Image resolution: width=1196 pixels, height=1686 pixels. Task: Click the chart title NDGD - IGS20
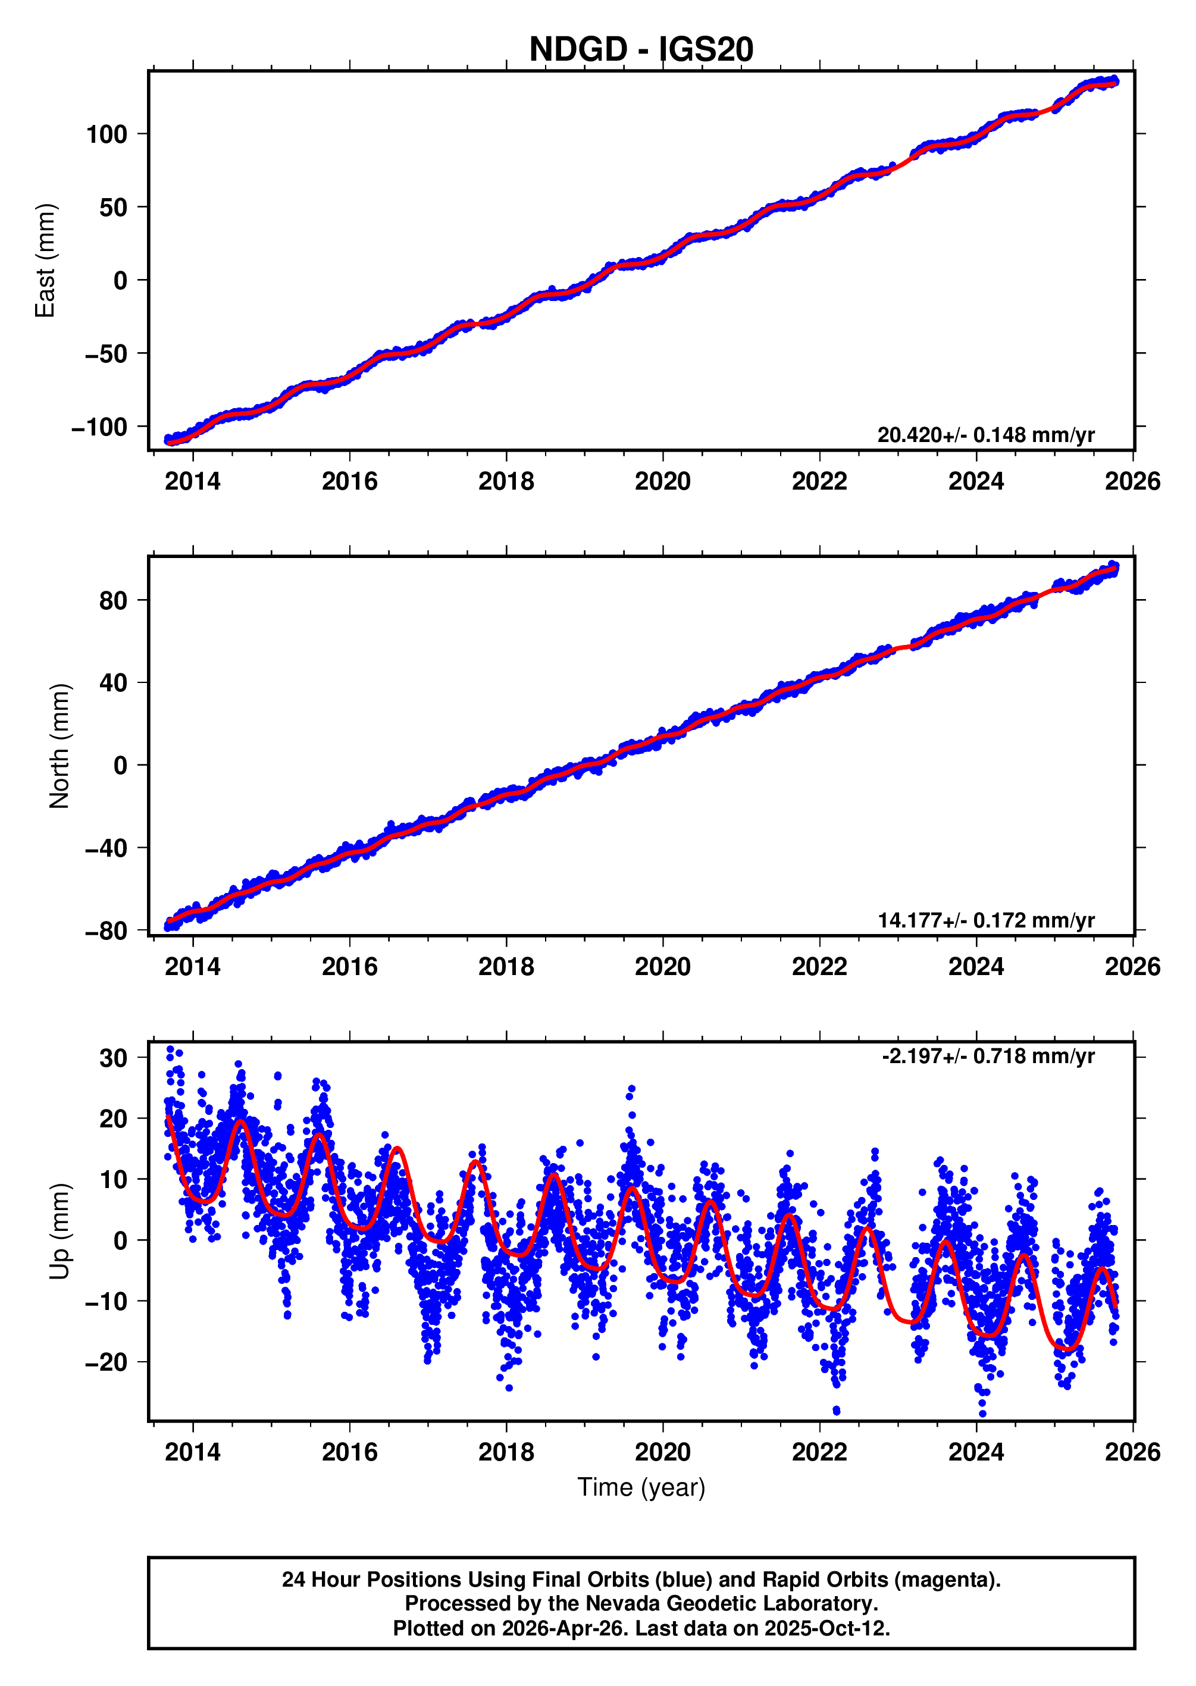point(641,49)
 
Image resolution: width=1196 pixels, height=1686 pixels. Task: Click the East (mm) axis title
point(46,261)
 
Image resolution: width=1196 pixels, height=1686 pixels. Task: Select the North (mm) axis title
point(60,746)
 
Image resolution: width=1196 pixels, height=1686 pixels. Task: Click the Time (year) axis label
point(641,1487)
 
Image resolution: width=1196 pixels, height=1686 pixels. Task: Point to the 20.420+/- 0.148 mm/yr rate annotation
point(985,435)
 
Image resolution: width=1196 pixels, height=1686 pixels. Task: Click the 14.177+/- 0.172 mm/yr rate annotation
point(985,920)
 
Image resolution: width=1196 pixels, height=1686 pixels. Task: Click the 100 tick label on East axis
point(107,134)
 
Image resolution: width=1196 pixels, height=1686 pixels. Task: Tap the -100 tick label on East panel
point(99,427)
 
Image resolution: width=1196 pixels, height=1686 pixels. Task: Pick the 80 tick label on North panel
point(114,601)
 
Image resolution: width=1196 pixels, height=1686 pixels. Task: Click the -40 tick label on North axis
point(106,849)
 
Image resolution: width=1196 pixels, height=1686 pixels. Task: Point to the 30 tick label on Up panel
point(114,1059)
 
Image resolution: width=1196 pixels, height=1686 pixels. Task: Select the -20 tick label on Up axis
point(106,1363)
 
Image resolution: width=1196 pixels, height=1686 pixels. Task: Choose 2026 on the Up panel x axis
point(1132,1453)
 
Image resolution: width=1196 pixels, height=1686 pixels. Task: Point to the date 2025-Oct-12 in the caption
point(827,1628)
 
